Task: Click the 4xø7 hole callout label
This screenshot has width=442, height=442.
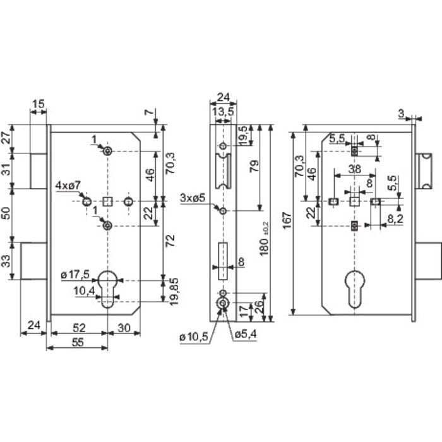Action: [68, 186]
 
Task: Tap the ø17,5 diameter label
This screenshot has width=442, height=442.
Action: [75, 274]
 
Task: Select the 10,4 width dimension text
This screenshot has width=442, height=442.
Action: [84, 291]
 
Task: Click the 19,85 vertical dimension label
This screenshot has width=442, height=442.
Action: [174, 292]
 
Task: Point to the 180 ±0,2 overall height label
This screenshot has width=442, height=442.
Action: [265, 239]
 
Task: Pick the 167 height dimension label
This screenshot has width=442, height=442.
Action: [287, 221]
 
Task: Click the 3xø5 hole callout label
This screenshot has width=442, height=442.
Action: [192, 198]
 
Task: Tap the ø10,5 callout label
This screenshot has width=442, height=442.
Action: [194, 337]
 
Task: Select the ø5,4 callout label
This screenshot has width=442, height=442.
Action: [246, 334]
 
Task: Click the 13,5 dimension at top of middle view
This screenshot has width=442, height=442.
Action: [223, 112]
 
